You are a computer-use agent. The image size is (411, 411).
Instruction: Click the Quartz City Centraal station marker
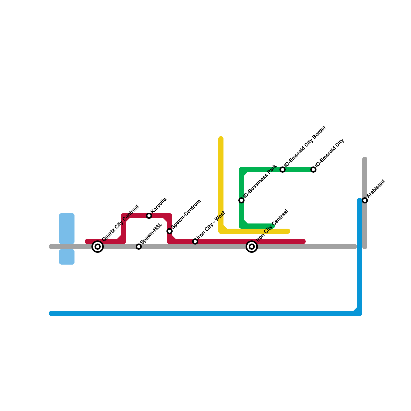[x=98, y=247]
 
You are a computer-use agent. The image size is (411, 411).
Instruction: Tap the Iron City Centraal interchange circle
[x=252, y=247]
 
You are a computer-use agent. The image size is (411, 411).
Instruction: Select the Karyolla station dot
[x=149, y=216]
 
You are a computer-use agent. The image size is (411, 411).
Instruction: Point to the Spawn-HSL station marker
[x=139, y=247]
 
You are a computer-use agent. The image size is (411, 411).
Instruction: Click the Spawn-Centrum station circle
[x=170, y=231]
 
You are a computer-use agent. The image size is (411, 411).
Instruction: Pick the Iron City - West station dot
[x=195, y=241]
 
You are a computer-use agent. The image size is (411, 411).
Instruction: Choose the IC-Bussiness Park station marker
[x=241, y=200]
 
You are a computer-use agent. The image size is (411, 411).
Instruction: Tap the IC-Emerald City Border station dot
[x=283, y=170]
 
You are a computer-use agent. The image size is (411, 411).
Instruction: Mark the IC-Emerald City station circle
[x=313, y=170]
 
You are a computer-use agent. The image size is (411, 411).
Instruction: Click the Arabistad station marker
[x=365, y=200]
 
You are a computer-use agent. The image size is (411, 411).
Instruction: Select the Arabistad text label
[x=376, y=189]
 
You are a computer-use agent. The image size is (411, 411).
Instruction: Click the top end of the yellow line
[x=221, y=138]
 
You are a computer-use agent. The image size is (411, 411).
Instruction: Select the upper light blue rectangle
[x=67, y=228]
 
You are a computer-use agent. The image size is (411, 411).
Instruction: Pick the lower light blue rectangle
[x=67, y=257]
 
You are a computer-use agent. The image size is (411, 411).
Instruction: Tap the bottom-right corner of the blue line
[x=360, y=313]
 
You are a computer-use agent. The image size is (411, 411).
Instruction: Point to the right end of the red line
[x=304, y=241]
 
